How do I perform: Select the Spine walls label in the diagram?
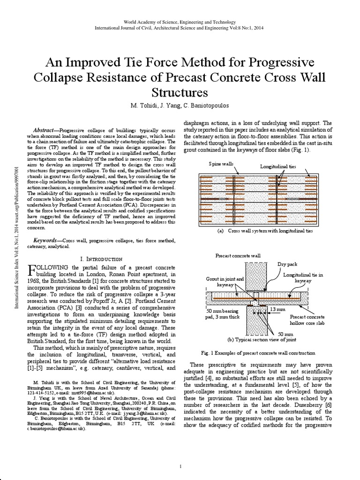point(221,164)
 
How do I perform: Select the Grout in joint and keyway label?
point(225,281)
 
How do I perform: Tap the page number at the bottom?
point(180,466)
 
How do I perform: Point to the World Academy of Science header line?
point(180,22)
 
